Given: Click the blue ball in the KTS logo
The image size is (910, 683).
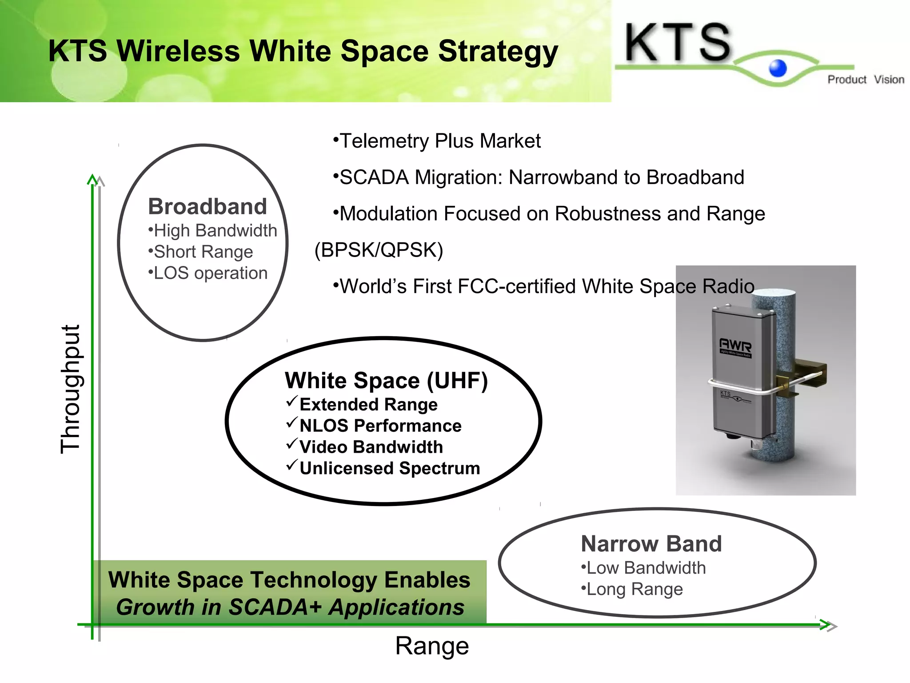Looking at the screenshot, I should (x=778, y=68).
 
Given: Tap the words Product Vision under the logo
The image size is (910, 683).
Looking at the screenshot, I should (x=865, y=80).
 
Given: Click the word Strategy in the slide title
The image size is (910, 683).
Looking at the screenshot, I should (x=498, y=51).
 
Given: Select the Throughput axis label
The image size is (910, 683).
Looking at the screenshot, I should (x=71, y=389).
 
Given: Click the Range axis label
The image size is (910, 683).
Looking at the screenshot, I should (x=432, y=646).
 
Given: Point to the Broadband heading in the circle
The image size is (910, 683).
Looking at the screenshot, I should (x=207, y=206).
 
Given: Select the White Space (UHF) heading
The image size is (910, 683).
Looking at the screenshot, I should (x=386, y=381).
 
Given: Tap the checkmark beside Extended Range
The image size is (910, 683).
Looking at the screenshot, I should (x=291, y=402).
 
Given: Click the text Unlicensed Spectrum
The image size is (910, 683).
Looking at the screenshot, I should (x=390, y=468).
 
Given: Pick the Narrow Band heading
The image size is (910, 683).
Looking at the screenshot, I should (x=651, y=544).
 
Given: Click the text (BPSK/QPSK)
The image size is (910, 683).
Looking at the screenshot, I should (x=379, y=250).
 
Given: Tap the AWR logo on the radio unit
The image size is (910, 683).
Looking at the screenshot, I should (x=735, y=345).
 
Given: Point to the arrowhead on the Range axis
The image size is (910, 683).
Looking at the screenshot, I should (x=827, y=625).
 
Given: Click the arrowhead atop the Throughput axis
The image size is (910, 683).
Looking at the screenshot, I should (x=92, y=179).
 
